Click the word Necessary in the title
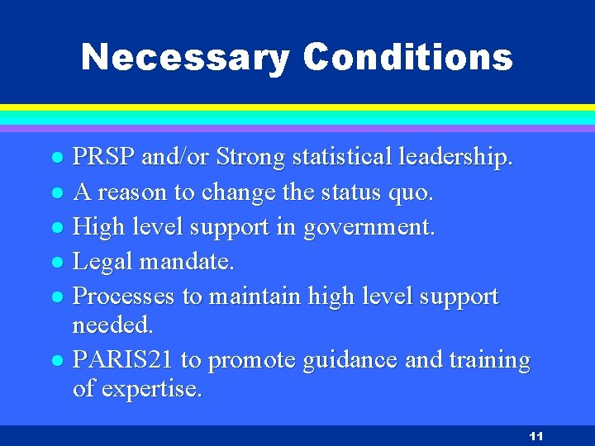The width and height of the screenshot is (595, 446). tap(186, 58)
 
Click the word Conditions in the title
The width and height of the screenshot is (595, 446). tap(407, 58)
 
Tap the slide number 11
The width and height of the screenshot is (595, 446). tap(535, 436)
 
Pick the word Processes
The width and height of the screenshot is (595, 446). tap(124, 297)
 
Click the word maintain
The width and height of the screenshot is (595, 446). tap(256, 297)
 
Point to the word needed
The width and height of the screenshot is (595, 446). tap(113, 325)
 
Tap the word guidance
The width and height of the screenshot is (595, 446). tap(353, 361)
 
